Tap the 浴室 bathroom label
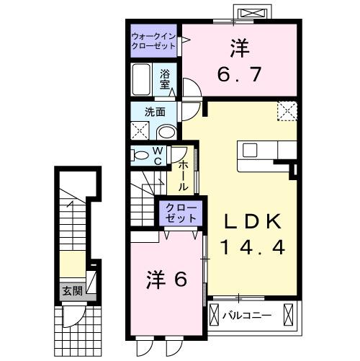[x=165, y=79]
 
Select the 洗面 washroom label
[x=155, y=112]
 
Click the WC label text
[x=157, y=156]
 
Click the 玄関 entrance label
[x=71, y=291]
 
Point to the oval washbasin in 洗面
[x=166, y=130]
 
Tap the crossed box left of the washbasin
[x=139, y=130]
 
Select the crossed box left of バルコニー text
[x=215, y=316]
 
